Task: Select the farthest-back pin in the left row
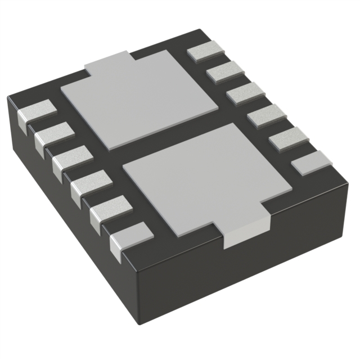(39, 110)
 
